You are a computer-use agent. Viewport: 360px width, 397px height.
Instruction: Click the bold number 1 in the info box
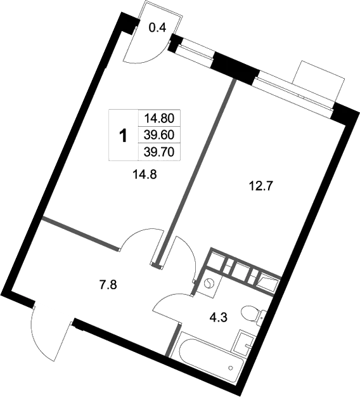(123, 134)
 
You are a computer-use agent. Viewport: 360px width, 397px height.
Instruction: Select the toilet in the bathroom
(255, 314)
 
